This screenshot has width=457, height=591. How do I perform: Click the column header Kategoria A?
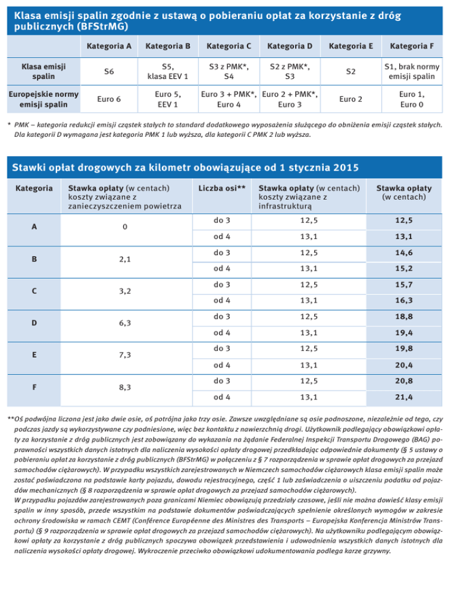(x=109, y=46)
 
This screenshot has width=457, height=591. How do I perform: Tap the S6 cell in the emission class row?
(x=109, y=72)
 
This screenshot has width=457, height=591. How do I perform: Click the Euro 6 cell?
(x=109, y=99)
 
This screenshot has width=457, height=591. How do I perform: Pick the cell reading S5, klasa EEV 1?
(x=167, y=72)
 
